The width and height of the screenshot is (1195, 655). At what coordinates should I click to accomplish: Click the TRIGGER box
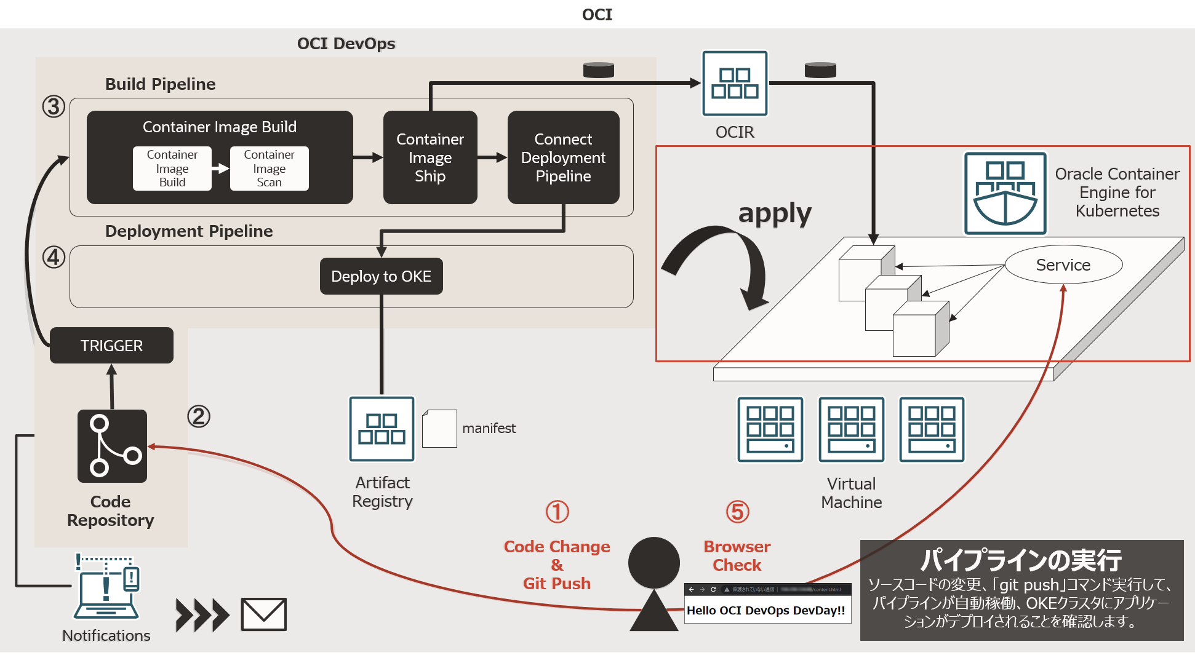coord(111,346)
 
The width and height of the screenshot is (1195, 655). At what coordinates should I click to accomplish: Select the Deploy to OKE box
coord(381,276)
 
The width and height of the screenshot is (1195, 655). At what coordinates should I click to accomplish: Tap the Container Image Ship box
coord(430,157)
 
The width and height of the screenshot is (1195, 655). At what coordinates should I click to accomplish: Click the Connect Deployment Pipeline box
coord(563,157)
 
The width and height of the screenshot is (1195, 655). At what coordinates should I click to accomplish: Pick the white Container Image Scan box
coord(269,169)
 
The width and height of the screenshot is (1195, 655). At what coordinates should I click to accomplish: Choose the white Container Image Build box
coord(172,169)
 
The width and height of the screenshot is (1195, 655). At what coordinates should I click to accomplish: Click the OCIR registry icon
coord(735,84)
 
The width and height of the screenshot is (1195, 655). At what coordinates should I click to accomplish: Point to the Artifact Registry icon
coord(382,429)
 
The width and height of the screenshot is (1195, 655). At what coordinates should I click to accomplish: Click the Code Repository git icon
coord(112,446)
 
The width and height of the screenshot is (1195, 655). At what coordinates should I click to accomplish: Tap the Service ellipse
coord(1063,265)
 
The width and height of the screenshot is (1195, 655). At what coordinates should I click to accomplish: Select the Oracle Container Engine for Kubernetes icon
coord(1005,193)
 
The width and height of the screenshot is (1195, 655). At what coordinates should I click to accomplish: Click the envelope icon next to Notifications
coord(263,614)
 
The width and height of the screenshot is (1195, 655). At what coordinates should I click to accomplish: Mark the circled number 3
coord(54,106)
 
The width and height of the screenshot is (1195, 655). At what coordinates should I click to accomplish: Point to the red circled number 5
coord(737,512)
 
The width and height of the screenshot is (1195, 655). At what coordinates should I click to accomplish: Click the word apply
coord(775,213)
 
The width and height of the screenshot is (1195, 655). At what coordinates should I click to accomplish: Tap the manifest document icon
coord(439,429)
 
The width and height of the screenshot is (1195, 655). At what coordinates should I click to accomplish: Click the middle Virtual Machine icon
coord(851,429)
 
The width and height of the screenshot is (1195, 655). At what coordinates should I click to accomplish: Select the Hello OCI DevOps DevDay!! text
coord(766,611)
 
